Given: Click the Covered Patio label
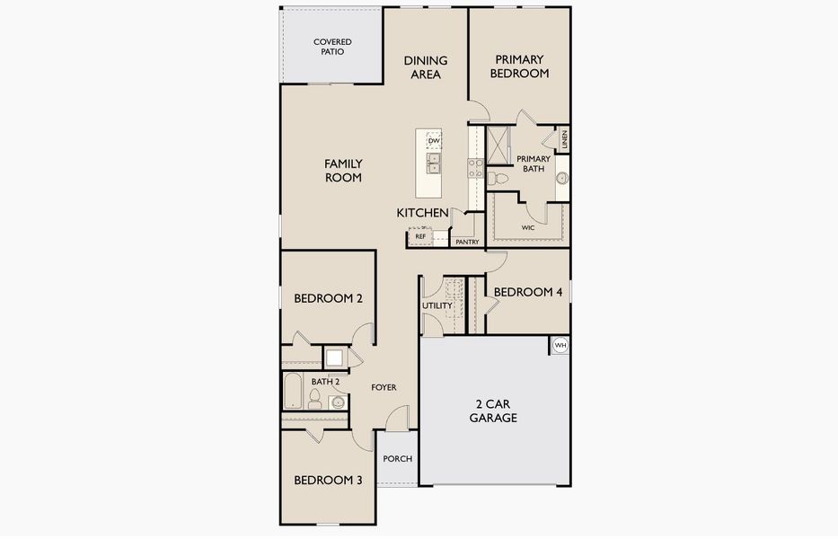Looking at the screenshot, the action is (x=332, y=47).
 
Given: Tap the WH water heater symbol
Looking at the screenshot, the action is (x=560, y=346).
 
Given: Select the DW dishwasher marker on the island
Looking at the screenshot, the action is (x=434, y=141).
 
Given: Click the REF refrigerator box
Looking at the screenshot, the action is (x=420, y=235).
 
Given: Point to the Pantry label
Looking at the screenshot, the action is (x=467, y=243).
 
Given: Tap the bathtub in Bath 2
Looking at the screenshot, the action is (x=293, y=391).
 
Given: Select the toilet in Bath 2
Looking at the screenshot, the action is (x=314, y=399).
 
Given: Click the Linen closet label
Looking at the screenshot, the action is (x=564, y=140).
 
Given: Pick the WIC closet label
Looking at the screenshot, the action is (x=527, y=228).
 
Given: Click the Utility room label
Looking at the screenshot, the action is (x=437, y=305).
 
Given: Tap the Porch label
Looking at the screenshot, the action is (x=398, y=459).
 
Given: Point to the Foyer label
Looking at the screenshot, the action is (x=384, y=387).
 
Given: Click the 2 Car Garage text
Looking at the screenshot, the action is (x=493, y=411).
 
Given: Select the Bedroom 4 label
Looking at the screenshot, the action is (x=528, y=292).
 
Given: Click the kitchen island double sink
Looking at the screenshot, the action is (x=434, y=163).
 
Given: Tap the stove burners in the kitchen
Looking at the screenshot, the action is (x=476, y=168).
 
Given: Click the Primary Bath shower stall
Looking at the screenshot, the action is (x=498, y=146).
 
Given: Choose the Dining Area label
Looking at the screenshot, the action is (x=426, y=67).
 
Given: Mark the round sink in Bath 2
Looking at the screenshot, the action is (x=338, y=402).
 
